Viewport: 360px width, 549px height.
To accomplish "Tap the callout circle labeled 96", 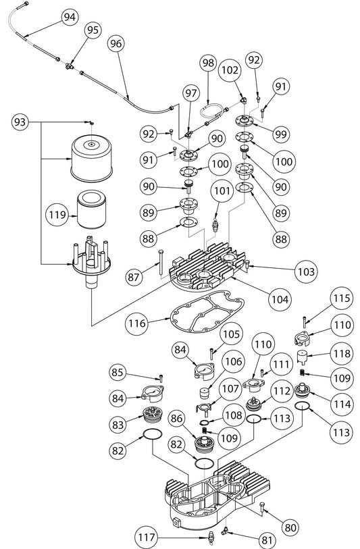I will point(115,43).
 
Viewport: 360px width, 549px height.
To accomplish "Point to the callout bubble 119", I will point(57,215).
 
